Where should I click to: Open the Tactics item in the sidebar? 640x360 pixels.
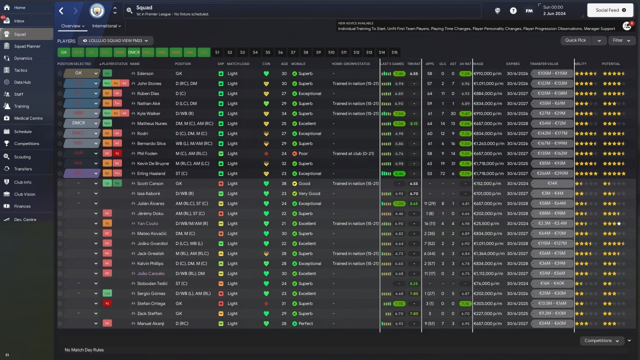20,70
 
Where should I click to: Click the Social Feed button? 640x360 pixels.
610,10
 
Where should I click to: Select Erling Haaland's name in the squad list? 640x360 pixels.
149,173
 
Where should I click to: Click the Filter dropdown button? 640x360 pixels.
621,40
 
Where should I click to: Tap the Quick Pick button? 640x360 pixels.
575,40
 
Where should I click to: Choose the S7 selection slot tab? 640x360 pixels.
293,52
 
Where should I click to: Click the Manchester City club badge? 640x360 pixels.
97,10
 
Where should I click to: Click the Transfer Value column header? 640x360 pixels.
544,64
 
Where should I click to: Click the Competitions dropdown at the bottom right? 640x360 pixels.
601,340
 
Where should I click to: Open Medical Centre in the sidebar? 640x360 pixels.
28,118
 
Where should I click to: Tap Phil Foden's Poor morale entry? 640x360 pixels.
303,153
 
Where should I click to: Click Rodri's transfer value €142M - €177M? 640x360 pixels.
552,133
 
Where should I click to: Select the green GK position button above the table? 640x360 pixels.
64,52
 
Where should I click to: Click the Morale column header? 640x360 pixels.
298,64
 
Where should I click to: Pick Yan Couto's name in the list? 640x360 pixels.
147,223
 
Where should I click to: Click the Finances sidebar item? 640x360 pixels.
22,206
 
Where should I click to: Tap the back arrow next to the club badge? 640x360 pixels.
61,10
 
